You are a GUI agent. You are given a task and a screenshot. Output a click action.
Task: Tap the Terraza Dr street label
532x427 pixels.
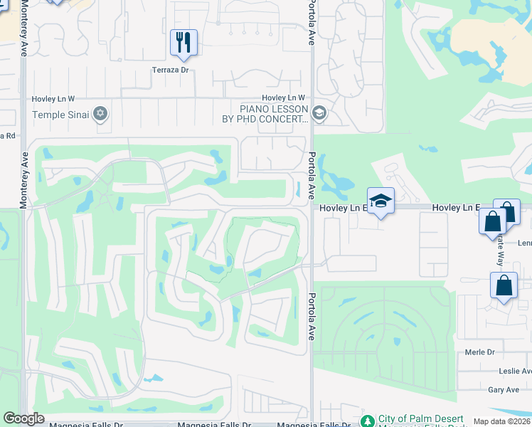pos(170,70)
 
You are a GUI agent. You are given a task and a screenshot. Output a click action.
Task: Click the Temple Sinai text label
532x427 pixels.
pos(62,114)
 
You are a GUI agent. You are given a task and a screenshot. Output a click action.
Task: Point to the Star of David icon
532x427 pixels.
pos(100,114)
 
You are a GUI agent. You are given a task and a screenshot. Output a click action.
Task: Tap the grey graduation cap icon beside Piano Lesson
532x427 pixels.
pos(319,113)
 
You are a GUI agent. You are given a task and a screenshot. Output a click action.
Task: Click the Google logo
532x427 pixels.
pos(23,418)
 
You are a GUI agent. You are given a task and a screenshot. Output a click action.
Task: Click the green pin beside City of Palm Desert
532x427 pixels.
pos(367,421)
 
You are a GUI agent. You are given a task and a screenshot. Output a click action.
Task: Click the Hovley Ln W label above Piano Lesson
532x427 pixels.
pos(283,97)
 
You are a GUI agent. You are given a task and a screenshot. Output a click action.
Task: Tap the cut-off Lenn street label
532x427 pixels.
pos(525,243)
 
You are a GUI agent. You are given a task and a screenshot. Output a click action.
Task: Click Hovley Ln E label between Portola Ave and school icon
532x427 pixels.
pos(342,208)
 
